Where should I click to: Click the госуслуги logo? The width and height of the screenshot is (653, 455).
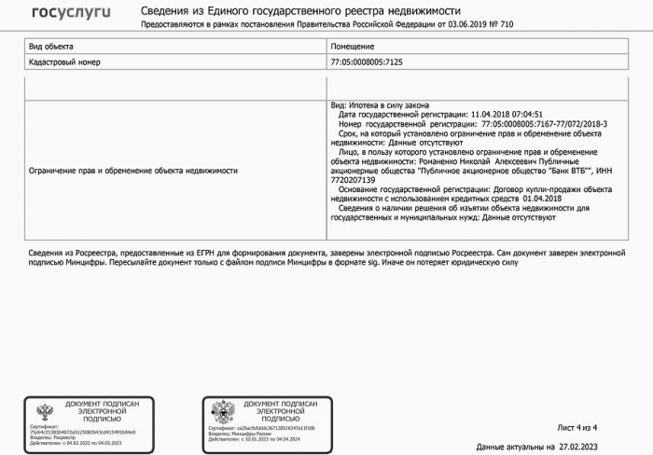click(71, 12)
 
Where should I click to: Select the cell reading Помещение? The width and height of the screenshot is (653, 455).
click(353, 46)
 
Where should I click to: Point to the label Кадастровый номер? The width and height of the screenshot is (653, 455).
click(64, 62)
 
